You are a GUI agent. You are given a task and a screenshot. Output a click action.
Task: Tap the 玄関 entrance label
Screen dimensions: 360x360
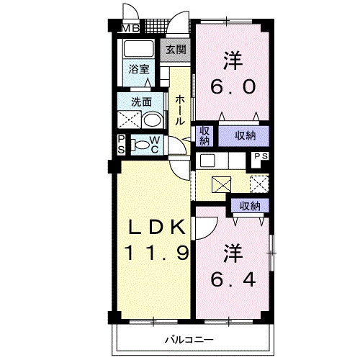pyautogui.click(x=175, y=50)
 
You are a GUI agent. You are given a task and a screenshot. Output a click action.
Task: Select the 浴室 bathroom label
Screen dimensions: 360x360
pyautogui.click(x=139, y=69)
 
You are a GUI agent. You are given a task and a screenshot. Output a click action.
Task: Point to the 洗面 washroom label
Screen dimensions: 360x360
pyautogui.click(x=140, y=102)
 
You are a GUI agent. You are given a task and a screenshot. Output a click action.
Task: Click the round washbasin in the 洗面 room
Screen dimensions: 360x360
pyautogui.click(x=152, y=120)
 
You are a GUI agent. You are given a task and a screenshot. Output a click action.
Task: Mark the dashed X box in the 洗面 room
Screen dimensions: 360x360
pyautogui.click(x=129, y=120)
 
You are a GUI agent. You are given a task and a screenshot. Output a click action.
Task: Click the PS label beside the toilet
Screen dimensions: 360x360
pyautogui.click(x=122, y=145)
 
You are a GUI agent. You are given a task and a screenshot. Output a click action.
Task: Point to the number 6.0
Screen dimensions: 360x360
pyautogui.click(x=232, y=87)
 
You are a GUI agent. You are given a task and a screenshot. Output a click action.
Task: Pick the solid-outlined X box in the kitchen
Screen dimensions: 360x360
pyautogui.click(x=222, y=184)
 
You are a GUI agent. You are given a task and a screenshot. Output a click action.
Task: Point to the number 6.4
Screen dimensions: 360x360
pyautogui.click(x=232, y=277)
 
